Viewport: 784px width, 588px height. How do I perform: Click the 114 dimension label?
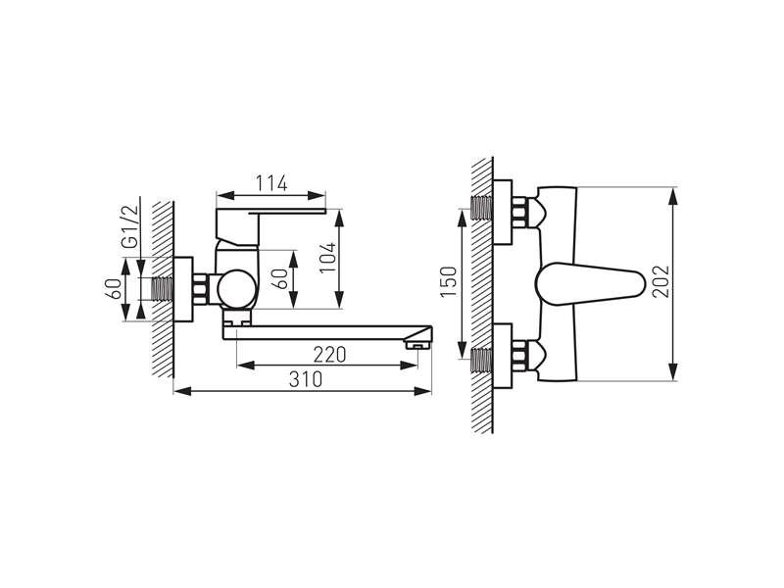coord(271,183)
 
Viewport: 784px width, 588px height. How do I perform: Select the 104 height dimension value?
coord(328,258)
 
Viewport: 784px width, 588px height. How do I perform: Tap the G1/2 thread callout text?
coord(130,226)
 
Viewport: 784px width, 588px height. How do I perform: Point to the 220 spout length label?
coord(329,355)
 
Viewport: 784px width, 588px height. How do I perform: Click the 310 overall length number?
coord(306,379)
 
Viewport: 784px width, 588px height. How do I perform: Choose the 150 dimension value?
coord(449,281)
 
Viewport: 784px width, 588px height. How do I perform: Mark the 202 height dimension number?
coord(661,281)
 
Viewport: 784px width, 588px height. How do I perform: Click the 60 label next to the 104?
coord(281,278)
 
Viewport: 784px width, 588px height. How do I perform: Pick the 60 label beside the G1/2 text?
coord(114,289)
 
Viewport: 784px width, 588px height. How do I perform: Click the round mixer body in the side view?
coord(237,289)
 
